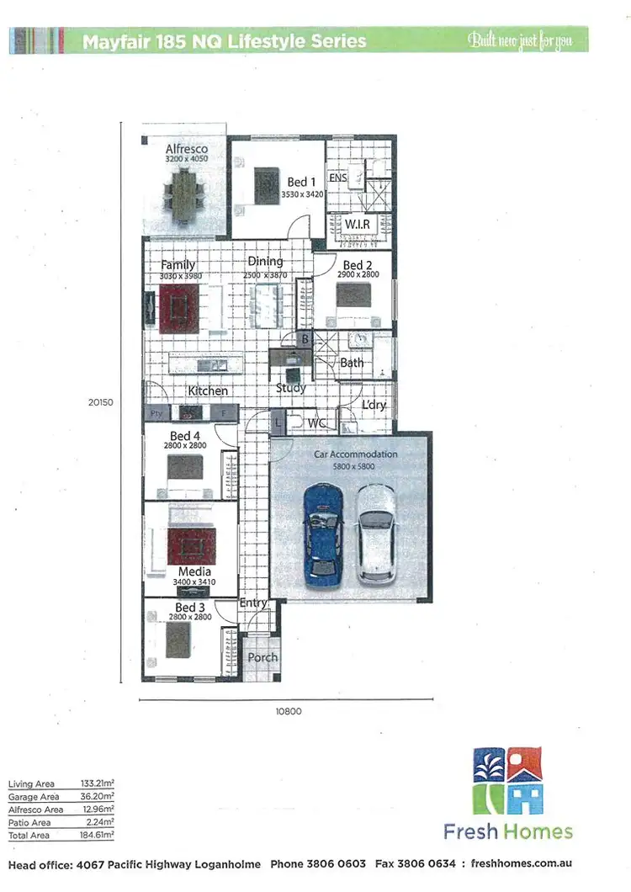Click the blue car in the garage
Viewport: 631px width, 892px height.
pos(323,534)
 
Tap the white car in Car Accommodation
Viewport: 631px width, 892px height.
pos(375,534)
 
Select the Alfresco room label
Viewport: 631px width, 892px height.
pos(186,149)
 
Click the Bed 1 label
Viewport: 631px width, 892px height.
pos(302,182)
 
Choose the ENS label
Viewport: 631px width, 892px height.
pos(337,178)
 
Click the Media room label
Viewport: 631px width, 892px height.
pos(194,572)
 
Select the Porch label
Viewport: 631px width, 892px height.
pos(262,657)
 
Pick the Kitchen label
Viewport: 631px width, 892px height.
pos(208,391)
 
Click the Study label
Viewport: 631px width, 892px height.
pos(291,388)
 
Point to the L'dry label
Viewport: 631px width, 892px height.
pos(374,405)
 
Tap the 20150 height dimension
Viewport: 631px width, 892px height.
pos(100,402)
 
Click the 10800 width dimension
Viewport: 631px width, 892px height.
pos(289,711)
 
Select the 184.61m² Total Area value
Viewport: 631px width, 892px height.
pos(99,835)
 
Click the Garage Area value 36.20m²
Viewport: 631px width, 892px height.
pos(99,796)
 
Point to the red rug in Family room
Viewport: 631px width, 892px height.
pos(178,306)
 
